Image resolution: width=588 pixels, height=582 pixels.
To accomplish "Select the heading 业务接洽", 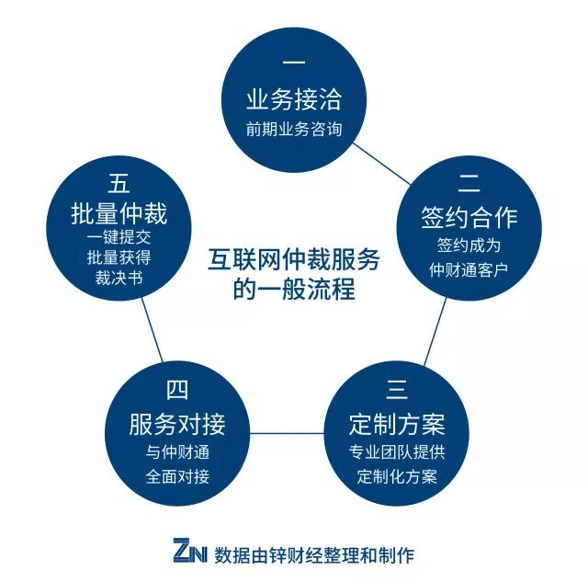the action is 294,99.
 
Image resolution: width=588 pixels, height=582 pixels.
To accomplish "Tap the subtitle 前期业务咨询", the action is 294,130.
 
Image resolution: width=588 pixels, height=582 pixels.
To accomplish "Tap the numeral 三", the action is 397,391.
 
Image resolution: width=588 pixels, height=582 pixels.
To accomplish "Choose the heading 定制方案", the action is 397,425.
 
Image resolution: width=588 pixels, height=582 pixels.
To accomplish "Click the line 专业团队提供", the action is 397,453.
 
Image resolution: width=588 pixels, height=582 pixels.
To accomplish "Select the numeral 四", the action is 177,391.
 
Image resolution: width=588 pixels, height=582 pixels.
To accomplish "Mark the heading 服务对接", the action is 177,425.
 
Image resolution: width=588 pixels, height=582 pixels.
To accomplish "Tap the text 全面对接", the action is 177,476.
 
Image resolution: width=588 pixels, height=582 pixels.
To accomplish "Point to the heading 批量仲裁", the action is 119,214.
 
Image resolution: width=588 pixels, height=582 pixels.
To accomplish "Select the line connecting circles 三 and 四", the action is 286,432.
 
